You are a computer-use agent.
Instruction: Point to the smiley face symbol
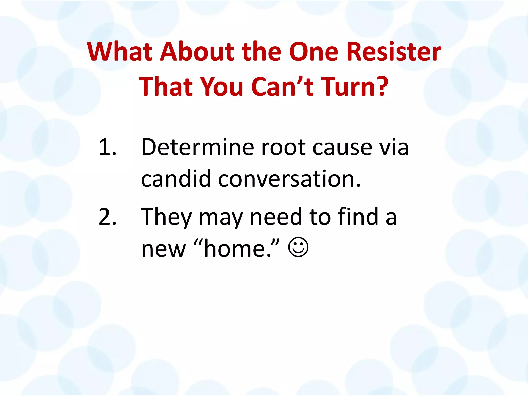(298, 247)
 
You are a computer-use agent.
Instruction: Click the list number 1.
(107, 147)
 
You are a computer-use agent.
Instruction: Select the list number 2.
(107, 217)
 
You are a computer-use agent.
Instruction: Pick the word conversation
(289, 179)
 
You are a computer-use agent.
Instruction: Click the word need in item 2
(276, 217)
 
